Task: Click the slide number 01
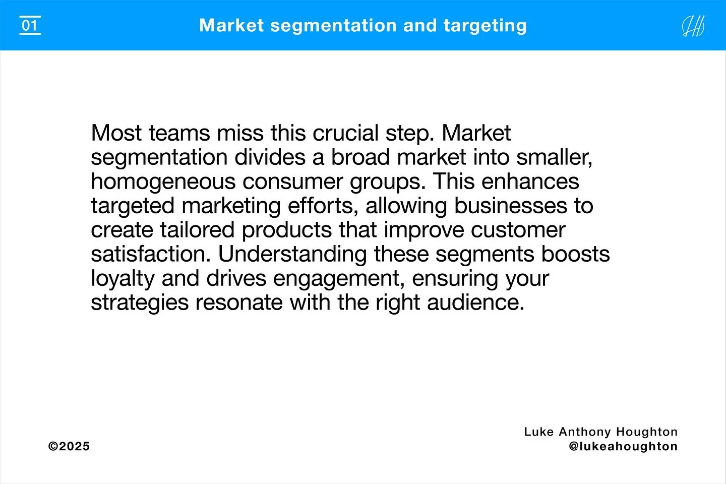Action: pyautogui.click(x=30, y=25)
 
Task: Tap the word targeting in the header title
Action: pyautogui.click(x=485, y=26)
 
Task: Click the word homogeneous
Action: pyautogui.click(x=163, y=182)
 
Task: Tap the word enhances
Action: pyautogui.click(x=530, y=182)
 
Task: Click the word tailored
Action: pyautogui.click(x=198, y=230)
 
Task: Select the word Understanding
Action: pyautogui.click(x=292, y=255)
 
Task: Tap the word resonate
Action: pyautogui.click(x=238, y=303)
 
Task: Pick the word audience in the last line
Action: pyautogui.click(x=475, y=303)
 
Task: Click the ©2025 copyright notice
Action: pyautogui.click(x=69, y=447)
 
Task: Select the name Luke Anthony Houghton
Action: pyautogui.click(x=600, y=432)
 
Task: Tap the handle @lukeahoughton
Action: pyautogui.click(x=623, y=447)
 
